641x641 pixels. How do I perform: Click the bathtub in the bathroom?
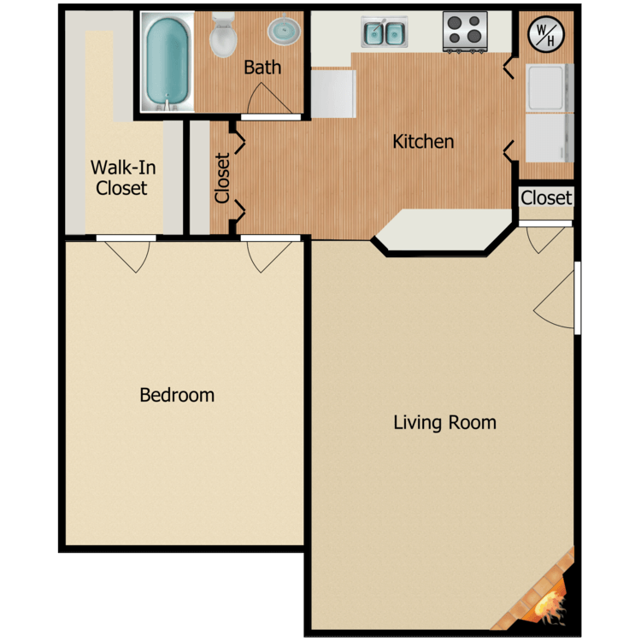[x=168, y=62]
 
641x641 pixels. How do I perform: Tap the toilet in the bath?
[x=223, y=35]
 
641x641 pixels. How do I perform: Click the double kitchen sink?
[x=384, y=32]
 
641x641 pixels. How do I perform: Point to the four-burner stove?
[x=465, y=32]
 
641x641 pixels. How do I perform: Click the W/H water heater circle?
[x=546, y=34]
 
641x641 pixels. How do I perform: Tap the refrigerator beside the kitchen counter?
[x=333, y=94]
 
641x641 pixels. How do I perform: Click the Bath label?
[x=262, y=68]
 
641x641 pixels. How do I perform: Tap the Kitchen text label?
[x=423, y=141]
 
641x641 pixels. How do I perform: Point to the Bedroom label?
[x=177, y=395]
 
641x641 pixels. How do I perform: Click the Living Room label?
[x=444, y=422]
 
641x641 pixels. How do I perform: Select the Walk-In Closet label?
[x=122, y=178]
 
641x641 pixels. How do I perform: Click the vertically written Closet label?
[x=222, y=179]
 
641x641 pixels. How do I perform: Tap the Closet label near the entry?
[x=546, y=198]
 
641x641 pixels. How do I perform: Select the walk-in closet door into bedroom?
[x=126, y=238]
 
